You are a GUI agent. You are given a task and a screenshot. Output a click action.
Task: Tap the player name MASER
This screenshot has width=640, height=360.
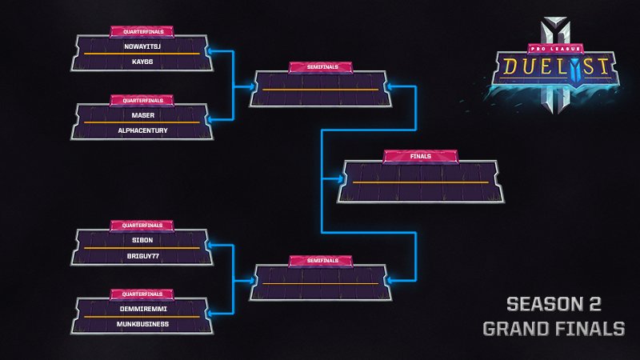142,115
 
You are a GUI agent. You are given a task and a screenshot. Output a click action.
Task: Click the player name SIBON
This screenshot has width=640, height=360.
142,240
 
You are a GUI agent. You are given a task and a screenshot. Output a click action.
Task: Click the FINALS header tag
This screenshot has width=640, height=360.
420,157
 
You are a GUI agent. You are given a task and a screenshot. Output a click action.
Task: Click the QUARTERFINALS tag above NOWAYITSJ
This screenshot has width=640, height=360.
142,32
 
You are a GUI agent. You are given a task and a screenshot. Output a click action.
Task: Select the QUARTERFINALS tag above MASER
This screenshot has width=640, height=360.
142,101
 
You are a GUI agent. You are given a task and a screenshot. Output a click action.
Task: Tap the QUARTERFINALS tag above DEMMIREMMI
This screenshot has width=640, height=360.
142,294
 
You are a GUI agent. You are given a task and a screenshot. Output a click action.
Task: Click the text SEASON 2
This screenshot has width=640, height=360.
553,304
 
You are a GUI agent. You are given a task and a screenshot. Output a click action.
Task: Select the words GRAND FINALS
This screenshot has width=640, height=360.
553,328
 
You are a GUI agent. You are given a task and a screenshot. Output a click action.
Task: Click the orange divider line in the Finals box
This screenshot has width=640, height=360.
420,182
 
